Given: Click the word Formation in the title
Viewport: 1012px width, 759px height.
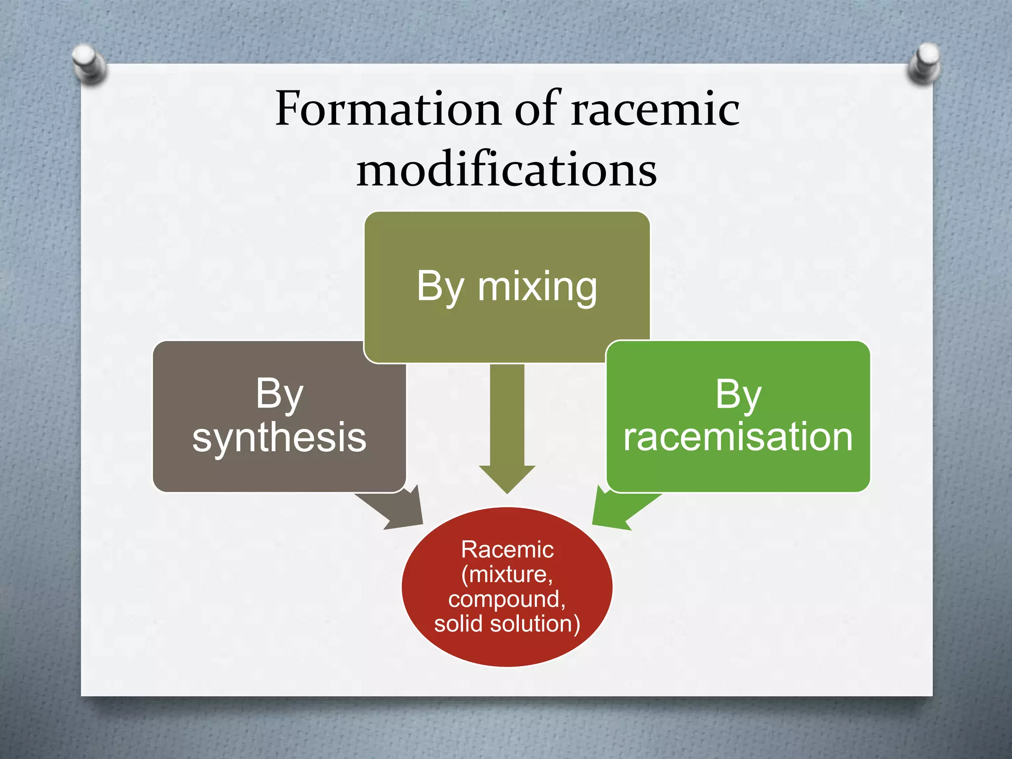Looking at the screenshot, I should coord(387,109).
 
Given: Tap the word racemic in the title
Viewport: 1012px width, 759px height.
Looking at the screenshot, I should coord(655,109).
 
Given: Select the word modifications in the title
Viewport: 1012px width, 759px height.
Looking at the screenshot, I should coord(506,169).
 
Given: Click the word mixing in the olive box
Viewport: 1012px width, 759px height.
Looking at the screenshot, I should coord(537,287).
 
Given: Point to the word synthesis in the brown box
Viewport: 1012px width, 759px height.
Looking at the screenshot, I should coord(279,438).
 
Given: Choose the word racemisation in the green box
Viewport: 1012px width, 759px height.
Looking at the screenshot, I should coord(738,437).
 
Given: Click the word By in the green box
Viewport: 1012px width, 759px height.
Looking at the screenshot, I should coord(738,395).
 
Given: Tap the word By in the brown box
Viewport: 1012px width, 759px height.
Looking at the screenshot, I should coord(279,394).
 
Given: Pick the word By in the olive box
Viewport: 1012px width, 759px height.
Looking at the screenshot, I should coord(440,287).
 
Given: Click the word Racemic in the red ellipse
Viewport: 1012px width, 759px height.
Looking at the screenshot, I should coord(507,549).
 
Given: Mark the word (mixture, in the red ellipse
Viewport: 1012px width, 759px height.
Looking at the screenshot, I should coord(507,574).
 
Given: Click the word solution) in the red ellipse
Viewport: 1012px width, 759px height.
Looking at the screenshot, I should coord(535,624).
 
